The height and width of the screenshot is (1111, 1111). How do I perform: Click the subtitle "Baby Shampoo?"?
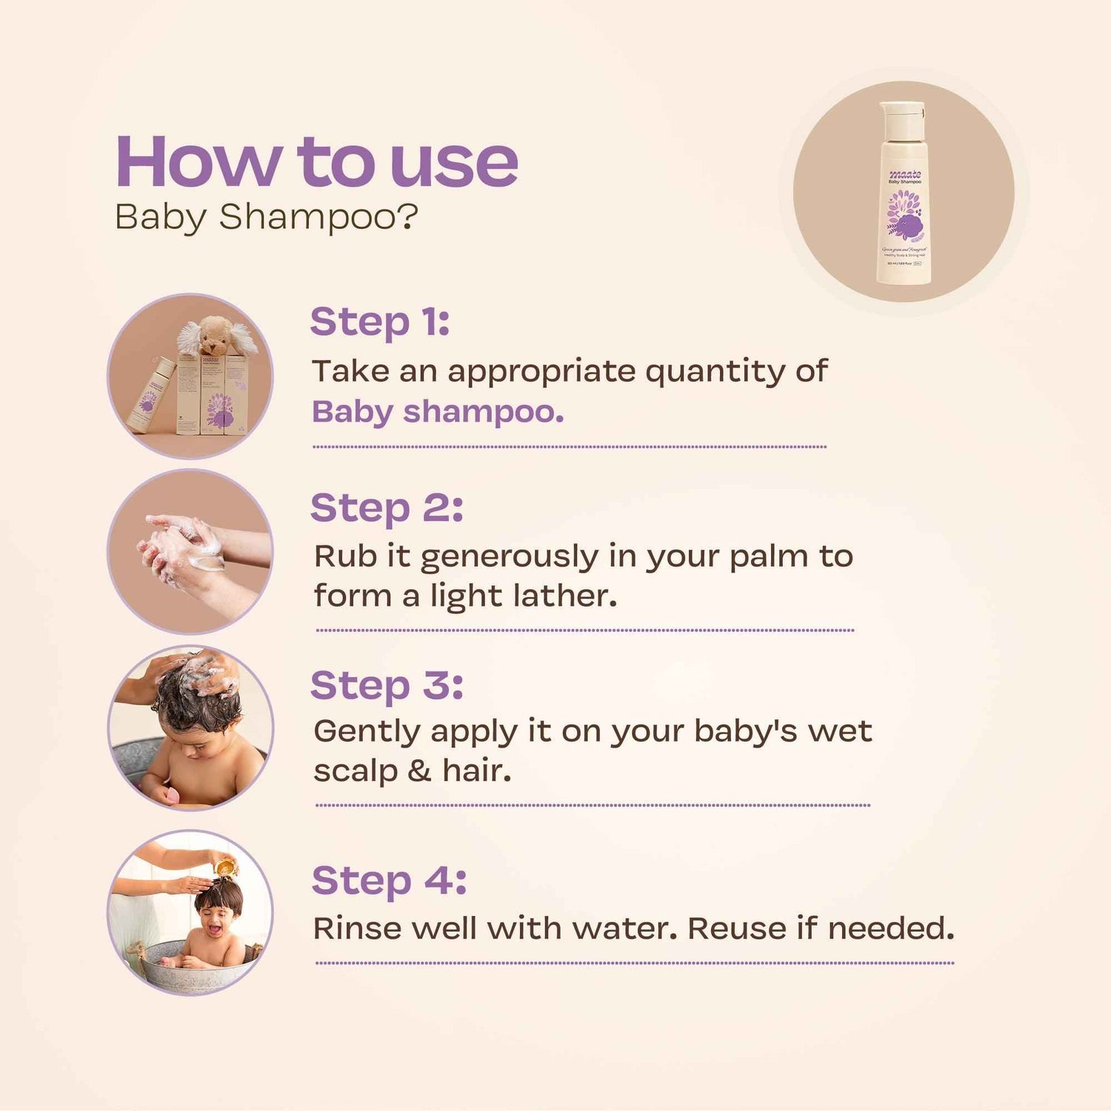(267, 217)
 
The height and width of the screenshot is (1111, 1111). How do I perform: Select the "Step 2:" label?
(386, 508)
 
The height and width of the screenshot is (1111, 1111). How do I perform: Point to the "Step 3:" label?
(386, 684)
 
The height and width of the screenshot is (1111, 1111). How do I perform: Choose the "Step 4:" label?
(389, 881)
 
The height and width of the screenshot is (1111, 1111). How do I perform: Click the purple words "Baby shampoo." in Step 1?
(437, 412)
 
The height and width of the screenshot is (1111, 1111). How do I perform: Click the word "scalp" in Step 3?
(355, 771)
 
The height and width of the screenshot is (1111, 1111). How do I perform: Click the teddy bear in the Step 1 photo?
(215, 337)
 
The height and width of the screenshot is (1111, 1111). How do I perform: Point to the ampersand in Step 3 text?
(418, 771)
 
